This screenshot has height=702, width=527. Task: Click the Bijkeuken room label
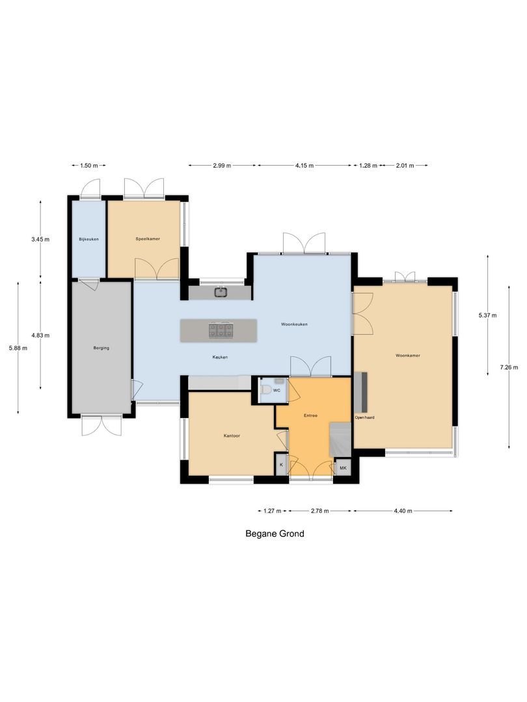coord(88,240)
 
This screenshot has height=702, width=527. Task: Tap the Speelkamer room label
coord(148,239)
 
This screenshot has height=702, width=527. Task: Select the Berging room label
coord(101,348)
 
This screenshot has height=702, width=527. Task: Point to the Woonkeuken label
coord(294,324)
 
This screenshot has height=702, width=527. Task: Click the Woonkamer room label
coord(408,356)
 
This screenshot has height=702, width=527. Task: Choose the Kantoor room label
coord(230,435)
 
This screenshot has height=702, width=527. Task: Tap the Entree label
coord(310,415)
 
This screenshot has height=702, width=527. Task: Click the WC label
coord(277,391)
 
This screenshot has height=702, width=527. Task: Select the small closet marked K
coord(281,465)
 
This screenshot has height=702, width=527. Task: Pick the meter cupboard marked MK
coord(342,468)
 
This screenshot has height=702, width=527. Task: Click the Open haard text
coord(364,417)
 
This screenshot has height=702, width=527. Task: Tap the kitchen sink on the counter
coord(221,292)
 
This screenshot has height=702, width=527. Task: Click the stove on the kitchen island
coord(221,330)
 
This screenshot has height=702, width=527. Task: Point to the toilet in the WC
coord(265,391)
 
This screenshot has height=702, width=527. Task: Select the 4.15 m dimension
coord(304,166)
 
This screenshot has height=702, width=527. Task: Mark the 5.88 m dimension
coord(18,348)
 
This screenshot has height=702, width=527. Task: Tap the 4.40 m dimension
coord(403,511)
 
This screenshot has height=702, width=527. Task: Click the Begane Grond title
coord(275,534)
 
